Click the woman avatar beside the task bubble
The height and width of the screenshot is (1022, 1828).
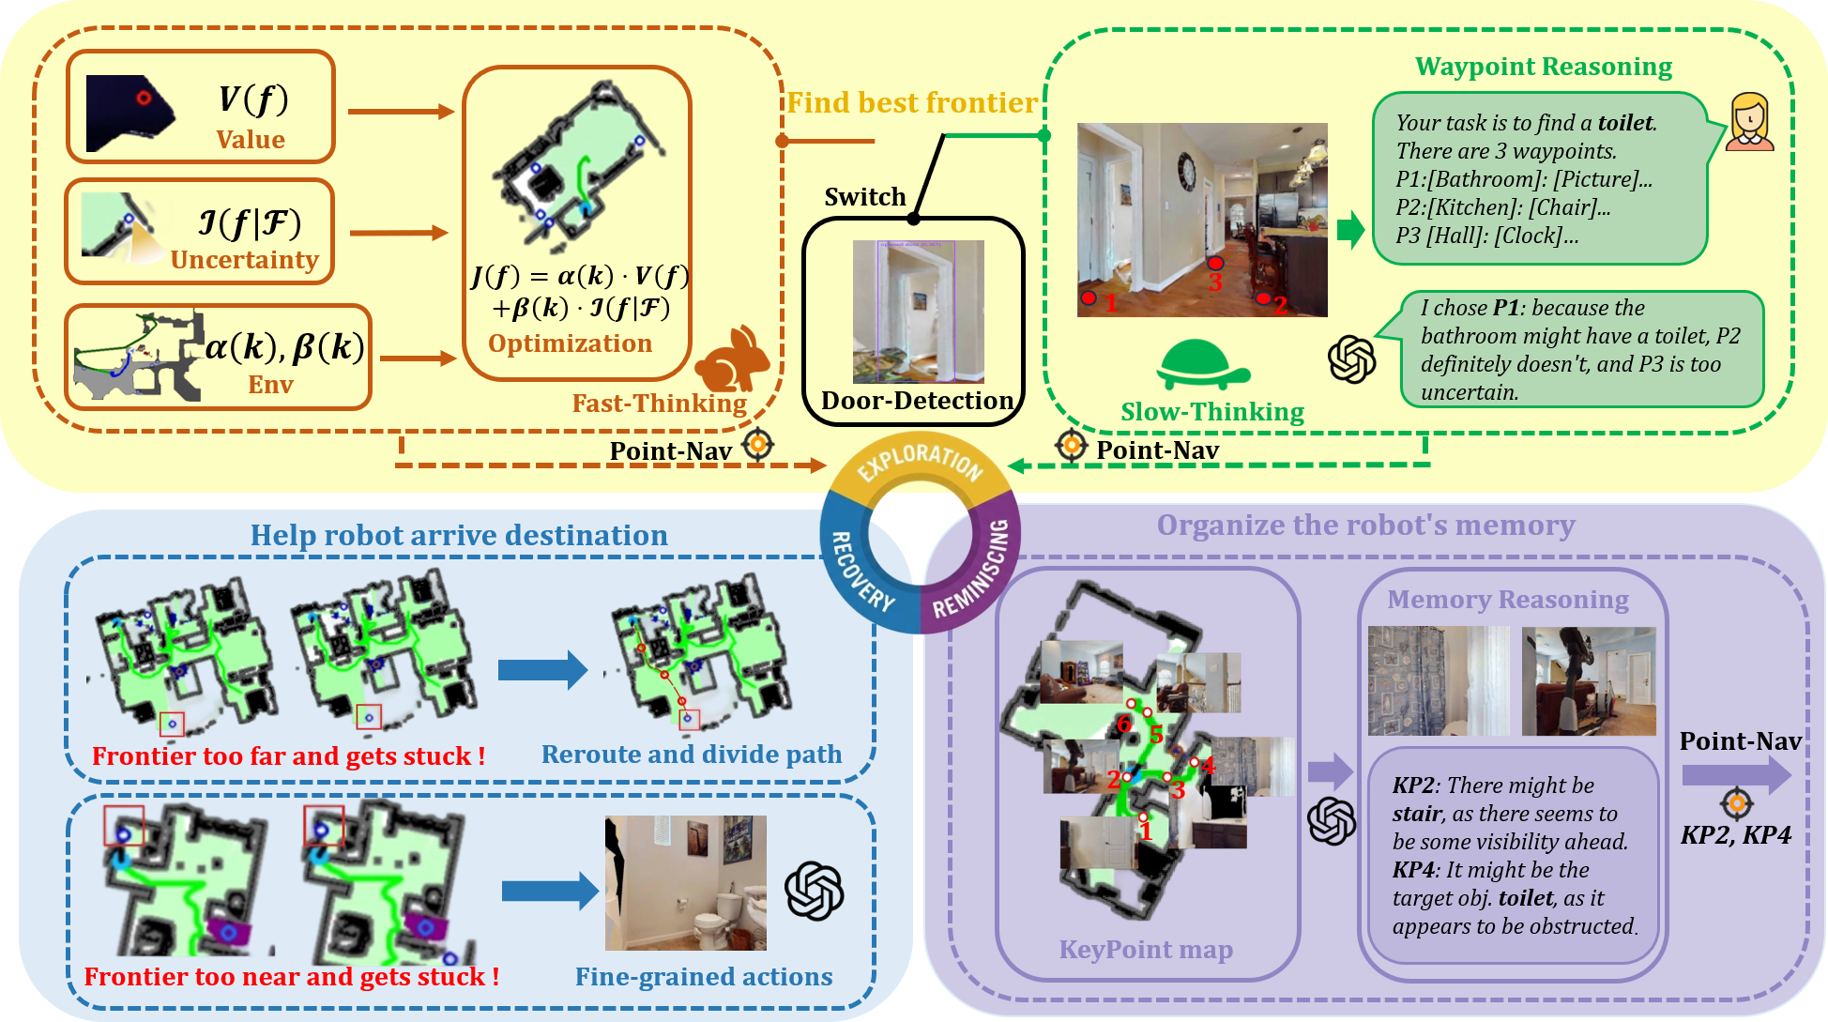pyautogui.click(x=1749, y=122)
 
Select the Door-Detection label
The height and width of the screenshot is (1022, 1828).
pyautogui.click(x=917, y=401)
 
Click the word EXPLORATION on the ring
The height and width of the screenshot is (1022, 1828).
pyautogui.click(x=920, y=460)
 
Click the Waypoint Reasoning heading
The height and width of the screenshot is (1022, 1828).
pyautogui.click(x=1543, y=67)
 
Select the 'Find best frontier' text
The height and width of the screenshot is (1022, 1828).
pyautogui.click(x=911, y=102)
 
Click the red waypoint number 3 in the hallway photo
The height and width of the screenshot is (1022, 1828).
pyautogui.click(x=1215, y=282)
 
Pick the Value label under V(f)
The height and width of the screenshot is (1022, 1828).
pyautogui.click(x=250, y=140)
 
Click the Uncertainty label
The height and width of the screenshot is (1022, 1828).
pyautogui.click(x=244, y=260)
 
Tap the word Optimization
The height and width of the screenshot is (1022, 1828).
pyautogui.click(x=570, y=343)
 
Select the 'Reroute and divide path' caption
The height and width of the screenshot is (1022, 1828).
pyautogui.click(x=691, y=755)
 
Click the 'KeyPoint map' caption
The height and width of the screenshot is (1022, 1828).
pyautogui.click(x=1146, y=950)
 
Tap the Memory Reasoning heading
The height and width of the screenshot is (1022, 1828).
pyautogui.click(x=1507, y=600)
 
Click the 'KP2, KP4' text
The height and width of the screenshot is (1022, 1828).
pyautogui.click(x=1735, y=835)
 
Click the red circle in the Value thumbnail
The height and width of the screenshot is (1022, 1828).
pyautogui.click(x=143, y=98)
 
